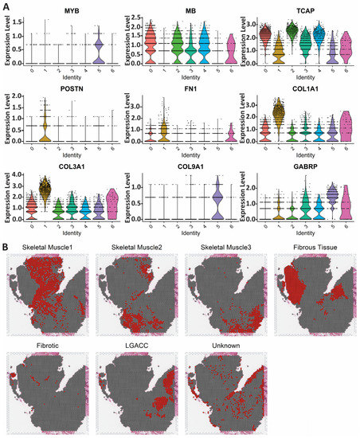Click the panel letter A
pos(6,6)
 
